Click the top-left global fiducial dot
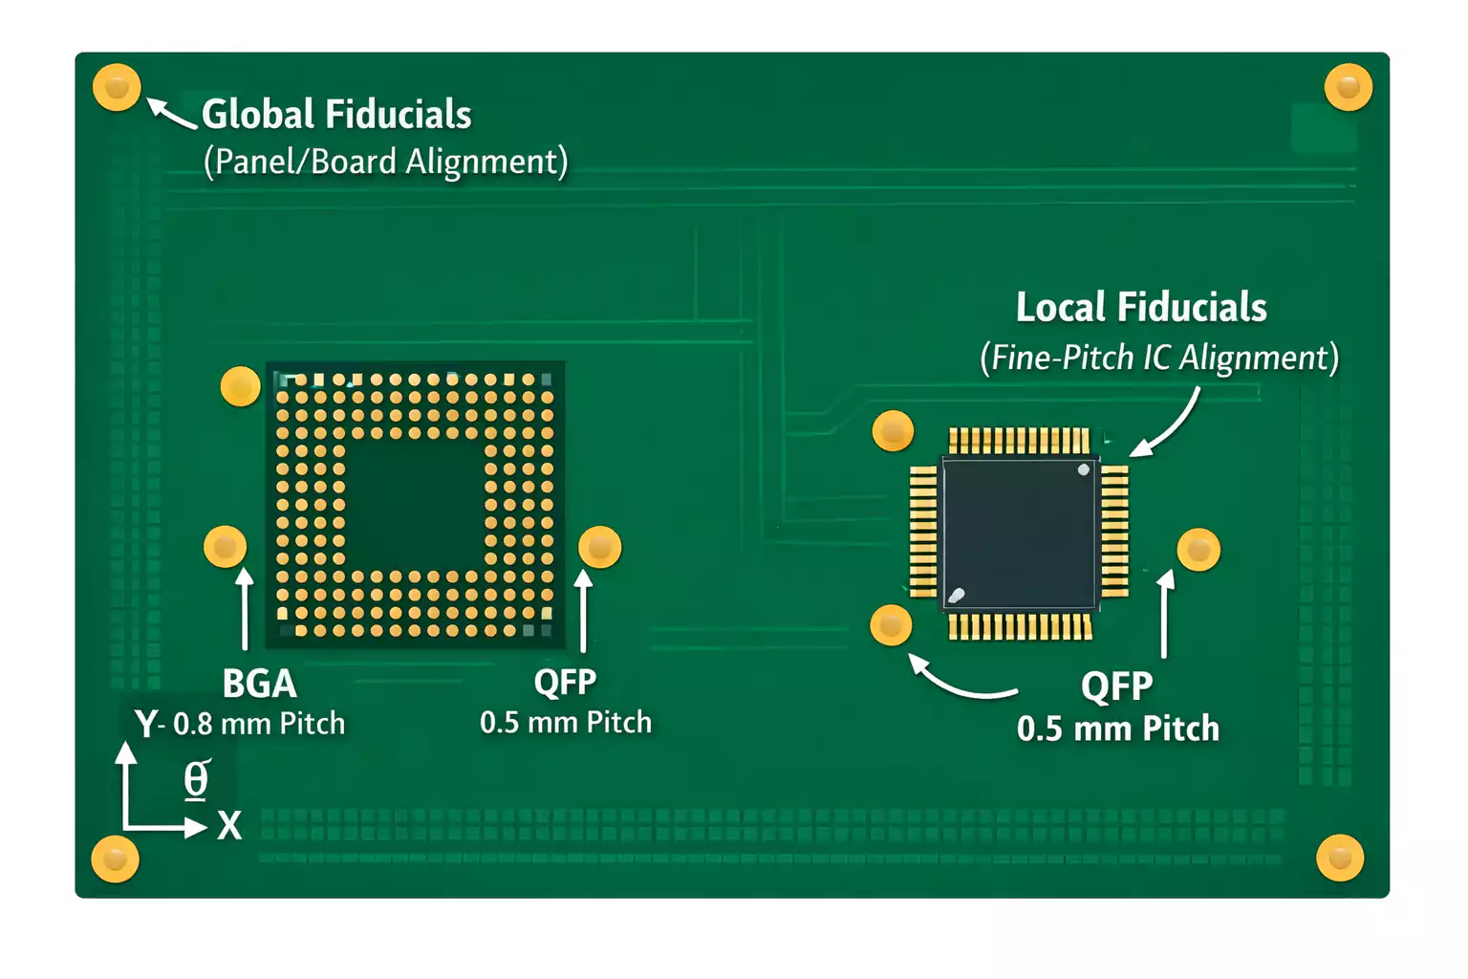click(117, 87)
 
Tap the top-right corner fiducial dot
click(1349, 87)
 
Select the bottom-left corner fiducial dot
click(115, 859)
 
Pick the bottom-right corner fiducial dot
click(1340, 858)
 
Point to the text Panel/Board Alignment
click(385, 162)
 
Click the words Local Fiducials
click(1141, 308)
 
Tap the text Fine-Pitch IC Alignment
click(1159, 358)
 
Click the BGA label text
click(259, 684)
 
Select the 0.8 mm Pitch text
click(259, 724)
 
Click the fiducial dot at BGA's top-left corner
click(240, 386)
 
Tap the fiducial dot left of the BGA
click(226, 547)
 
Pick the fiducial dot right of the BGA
click(600, 547)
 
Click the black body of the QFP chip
click(1019, 533)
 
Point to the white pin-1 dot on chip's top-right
click(1083, 469)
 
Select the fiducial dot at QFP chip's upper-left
click(894, 431)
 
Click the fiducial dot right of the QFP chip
click(1198, 550)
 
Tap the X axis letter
click(229, 825)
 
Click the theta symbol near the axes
click(196, 779)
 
